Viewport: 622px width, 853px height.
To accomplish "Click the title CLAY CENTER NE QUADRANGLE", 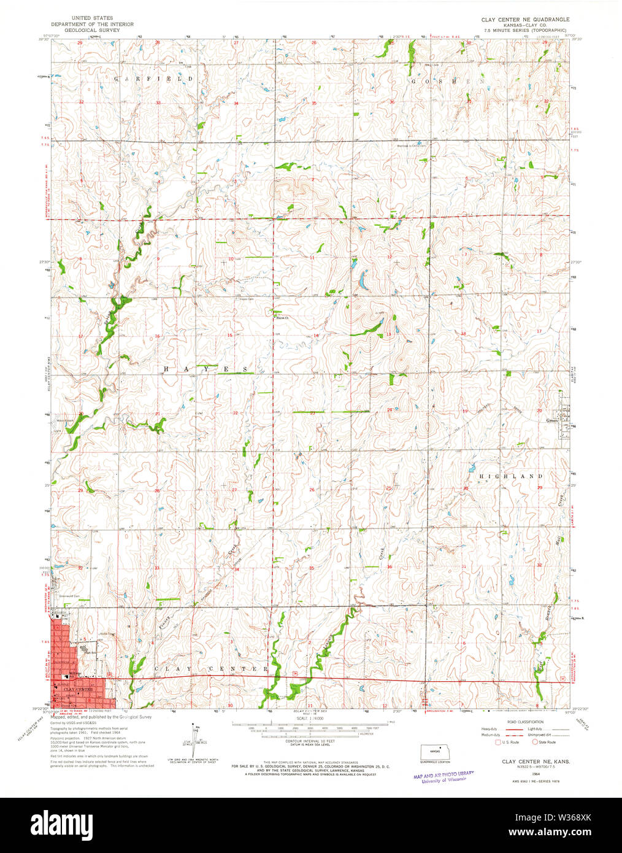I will pos(526,20).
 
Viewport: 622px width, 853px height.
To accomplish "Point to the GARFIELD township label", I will pos(153,79).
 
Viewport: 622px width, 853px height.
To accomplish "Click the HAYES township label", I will pos(206,369).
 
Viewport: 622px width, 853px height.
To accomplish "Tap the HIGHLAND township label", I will pos(510,476).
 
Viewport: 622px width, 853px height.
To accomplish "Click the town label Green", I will pos(552,421).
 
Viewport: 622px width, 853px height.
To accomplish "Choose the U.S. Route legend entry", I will pos(509,743).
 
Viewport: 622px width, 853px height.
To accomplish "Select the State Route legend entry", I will pos(545,743).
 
